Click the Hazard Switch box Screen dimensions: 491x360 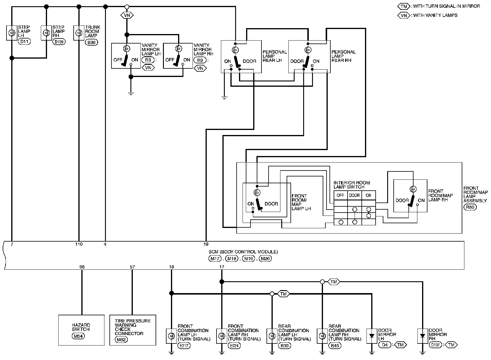pos(81,330)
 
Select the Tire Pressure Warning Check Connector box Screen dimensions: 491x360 pos(133,330)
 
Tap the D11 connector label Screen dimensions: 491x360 pos(24,41)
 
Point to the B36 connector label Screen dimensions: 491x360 pos(91,42)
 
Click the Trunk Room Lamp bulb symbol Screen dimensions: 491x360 pos(79,33)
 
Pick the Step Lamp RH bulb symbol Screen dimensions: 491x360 pos(46,33)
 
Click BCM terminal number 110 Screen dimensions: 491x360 pos(79,244)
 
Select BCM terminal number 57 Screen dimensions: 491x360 pos(132,267)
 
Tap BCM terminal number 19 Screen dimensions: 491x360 pos(206,244)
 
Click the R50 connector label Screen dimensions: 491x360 pos(470,207)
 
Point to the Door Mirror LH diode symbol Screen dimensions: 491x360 pos(372,336)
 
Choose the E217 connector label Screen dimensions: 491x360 pos(184,346)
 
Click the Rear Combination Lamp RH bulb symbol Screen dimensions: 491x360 pos(322,336)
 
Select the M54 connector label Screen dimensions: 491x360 pos(78,336)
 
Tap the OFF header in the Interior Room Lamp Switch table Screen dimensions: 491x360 pos(340,195)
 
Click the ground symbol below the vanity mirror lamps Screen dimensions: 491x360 pos(131,94)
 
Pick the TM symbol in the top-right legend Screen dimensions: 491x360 pos(403,6)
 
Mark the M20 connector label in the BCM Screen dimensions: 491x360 pos(265,259)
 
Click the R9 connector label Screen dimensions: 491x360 pos(200,60)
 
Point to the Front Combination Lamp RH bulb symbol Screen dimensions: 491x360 pos(222,336)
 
